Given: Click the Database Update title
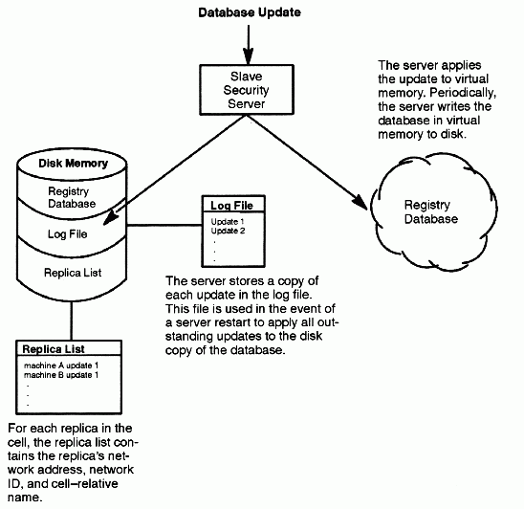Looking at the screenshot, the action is (250, 12).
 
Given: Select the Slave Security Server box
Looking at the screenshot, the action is (247, 90).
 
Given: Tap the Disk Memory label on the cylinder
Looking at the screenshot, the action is (74, 164).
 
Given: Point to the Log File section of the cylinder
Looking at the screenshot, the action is (67, 234).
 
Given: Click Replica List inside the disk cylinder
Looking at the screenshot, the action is (73, 273).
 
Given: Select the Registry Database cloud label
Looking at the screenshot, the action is (430, 211).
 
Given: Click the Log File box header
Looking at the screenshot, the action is (232, 206).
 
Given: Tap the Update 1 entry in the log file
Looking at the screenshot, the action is (228, 221).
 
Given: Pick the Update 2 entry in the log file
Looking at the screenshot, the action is (228, 231).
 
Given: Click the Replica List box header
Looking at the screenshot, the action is (54, 349).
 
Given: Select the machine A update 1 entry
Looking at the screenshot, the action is (61, 365).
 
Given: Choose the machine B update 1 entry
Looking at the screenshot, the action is (61, 375).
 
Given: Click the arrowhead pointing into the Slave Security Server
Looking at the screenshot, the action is (248, 56).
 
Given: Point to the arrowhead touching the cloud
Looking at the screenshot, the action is (360, 201).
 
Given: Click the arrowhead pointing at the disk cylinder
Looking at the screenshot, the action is (112, 218).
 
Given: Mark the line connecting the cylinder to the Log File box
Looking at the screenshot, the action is (164, 226).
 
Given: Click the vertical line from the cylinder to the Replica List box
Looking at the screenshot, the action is (71, 321).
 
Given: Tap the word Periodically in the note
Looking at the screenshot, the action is (463, 93).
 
